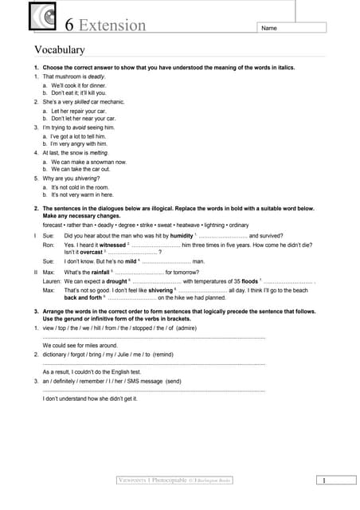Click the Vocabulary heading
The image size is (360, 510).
point(59,49)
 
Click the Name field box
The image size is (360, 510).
point(290,28)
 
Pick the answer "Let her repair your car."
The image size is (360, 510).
point(83,110)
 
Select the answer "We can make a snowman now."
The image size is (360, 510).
point(89,161)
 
